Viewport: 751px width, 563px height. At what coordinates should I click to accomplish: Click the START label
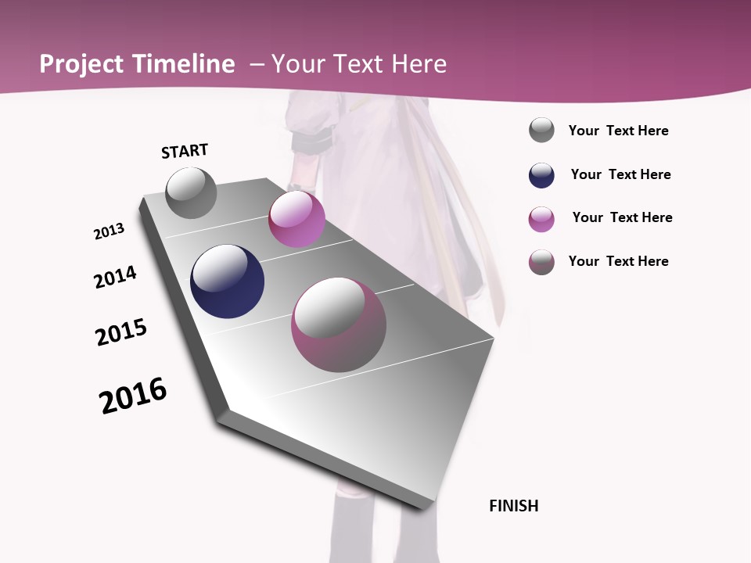pos(185,151)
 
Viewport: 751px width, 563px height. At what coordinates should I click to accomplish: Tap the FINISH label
pos(513,506)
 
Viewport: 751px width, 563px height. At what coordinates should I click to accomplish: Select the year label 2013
pos(109,231)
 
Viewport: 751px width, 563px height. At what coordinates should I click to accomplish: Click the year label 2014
pos(115,277)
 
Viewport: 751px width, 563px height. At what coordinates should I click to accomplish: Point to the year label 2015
pos(121,332)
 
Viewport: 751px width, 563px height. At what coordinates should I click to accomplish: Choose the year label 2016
pos(133,396)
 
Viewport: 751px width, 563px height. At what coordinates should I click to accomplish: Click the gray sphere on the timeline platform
pos(191,192)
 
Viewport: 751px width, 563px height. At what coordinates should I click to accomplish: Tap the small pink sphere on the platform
pos(296,218)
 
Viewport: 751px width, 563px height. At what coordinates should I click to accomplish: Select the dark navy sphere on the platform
pos(227,281)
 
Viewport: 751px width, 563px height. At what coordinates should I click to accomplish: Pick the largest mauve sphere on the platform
pos(338,325)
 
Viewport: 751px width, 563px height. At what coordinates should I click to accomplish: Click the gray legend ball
pos(541,131)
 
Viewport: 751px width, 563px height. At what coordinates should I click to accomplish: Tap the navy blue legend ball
pos(541,175)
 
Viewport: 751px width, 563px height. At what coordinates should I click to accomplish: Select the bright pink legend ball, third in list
pos(541,219)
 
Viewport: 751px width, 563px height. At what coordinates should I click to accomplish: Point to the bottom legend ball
pos(541,262)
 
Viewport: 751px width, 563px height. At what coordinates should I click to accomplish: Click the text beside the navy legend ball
pos(620,174)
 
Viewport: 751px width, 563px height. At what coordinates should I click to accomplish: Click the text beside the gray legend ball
pos(618,131)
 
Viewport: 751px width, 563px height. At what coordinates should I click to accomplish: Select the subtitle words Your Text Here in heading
pos(359,64)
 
